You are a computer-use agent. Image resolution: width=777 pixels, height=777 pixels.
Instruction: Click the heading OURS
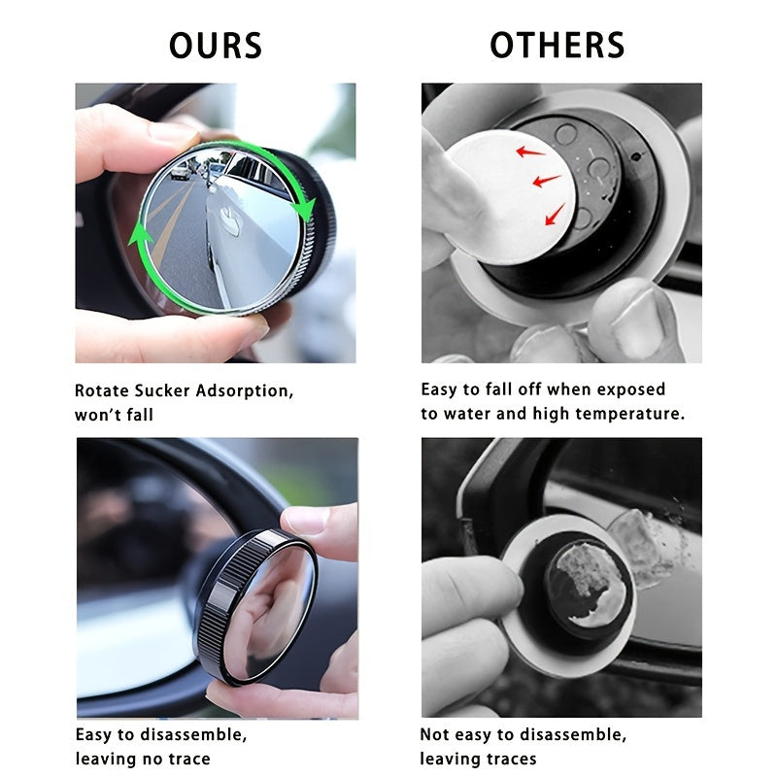pyautogui.click(x=215, y=46)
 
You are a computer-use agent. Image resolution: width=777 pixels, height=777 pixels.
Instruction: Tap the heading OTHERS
pyautogui.click(x=557, y=46)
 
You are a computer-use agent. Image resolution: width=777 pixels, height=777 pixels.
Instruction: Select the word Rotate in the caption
pyautogui.click(x=101, y=391)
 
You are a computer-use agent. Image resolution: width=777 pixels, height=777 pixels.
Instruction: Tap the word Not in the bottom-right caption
pyautogui.click(x=435, y=734)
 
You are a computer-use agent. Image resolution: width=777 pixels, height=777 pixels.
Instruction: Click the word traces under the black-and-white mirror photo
pyautogui.click(x=505, y=758)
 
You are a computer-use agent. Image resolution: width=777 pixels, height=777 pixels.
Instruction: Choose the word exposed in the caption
pyautogui.click(x=631, y=389)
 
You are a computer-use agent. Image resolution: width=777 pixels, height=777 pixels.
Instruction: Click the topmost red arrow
pyautogui.click(x=529, y=151)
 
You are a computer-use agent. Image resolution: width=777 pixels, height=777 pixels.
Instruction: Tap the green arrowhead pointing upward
pyautogui.click(x=141, y=233)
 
